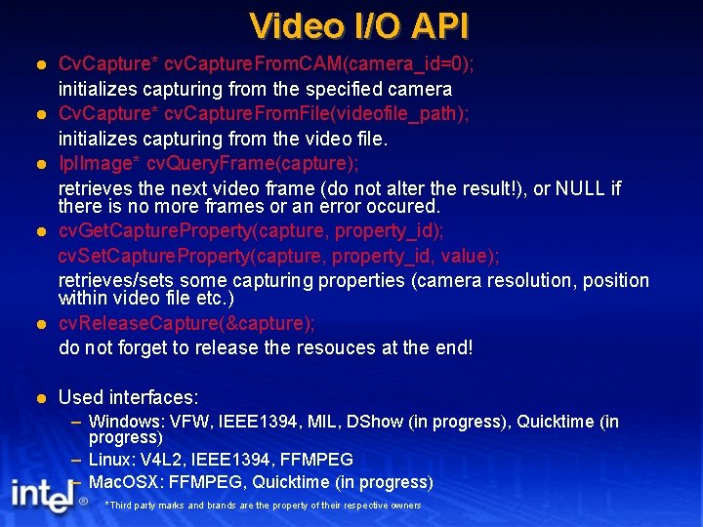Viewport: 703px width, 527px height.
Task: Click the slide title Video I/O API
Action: coord(359,24)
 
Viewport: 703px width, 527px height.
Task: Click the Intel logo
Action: coord(41,497)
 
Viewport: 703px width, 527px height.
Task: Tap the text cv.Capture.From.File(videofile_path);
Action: coord(316,113)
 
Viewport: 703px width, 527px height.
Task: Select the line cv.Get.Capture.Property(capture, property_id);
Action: coord(252,231)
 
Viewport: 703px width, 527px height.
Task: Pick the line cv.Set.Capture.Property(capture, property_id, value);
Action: coord(278,256)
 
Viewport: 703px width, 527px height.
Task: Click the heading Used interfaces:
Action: coord(129,397)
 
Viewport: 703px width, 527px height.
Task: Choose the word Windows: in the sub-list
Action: coord(126,422)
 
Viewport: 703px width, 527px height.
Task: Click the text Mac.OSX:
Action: coord(128,482)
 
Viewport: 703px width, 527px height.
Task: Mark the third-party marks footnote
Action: coord(263,506)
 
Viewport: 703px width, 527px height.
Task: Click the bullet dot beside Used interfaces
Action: coord(40,398)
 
